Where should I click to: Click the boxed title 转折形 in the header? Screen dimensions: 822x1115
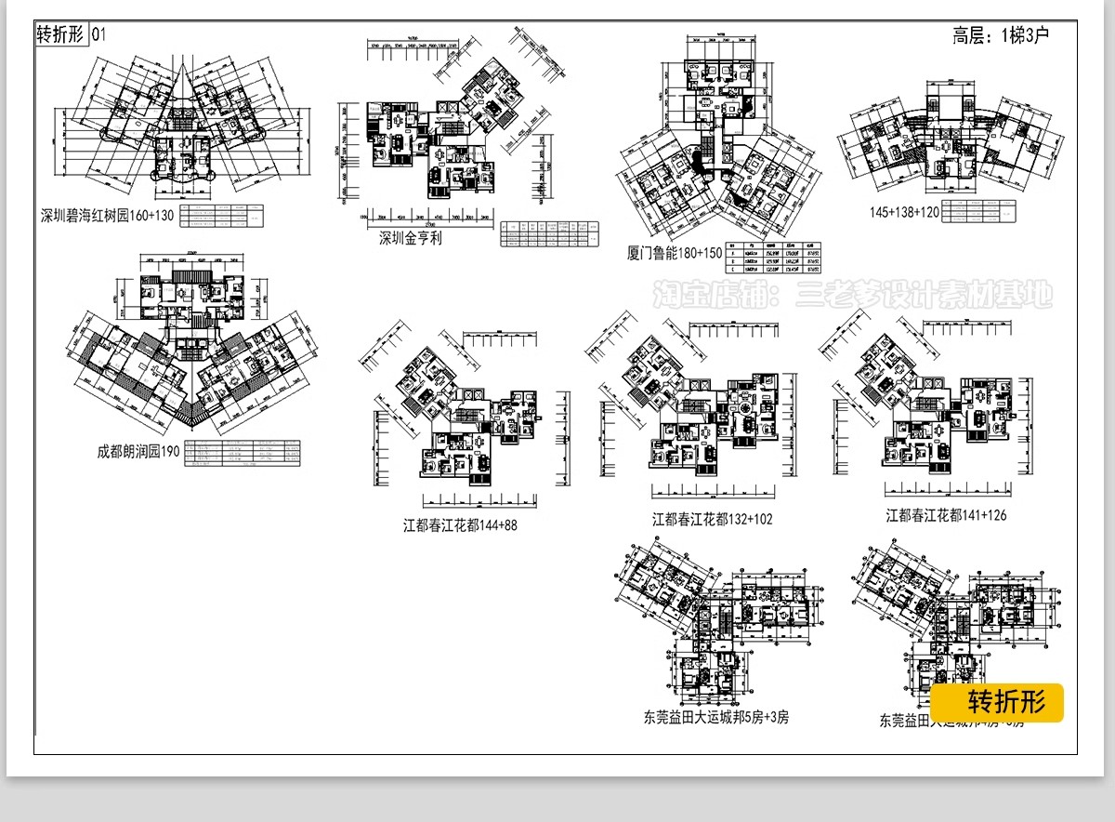click(60, 35)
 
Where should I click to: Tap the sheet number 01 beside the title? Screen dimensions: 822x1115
click(99, 35)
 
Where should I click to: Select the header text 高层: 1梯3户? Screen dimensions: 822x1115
click(1000, 37)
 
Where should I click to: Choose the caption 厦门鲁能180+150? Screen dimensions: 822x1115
click(675, 252)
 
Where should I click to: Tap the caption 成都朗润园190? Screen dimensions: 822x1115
click(138, 453)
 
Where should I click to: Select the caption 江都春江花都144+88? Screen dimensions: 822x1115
click(460, 525)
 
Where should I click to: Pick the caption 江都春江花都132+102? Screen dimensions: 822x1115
click(712, 519)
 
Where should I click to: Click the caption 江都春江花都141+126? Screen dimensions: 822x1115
click(946, 514)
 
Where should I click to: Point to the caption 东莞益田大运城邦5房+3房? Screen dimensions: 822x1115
click(715, 717)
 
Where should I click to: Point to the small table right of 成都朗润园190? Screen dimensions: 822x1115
click(243, 452)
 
